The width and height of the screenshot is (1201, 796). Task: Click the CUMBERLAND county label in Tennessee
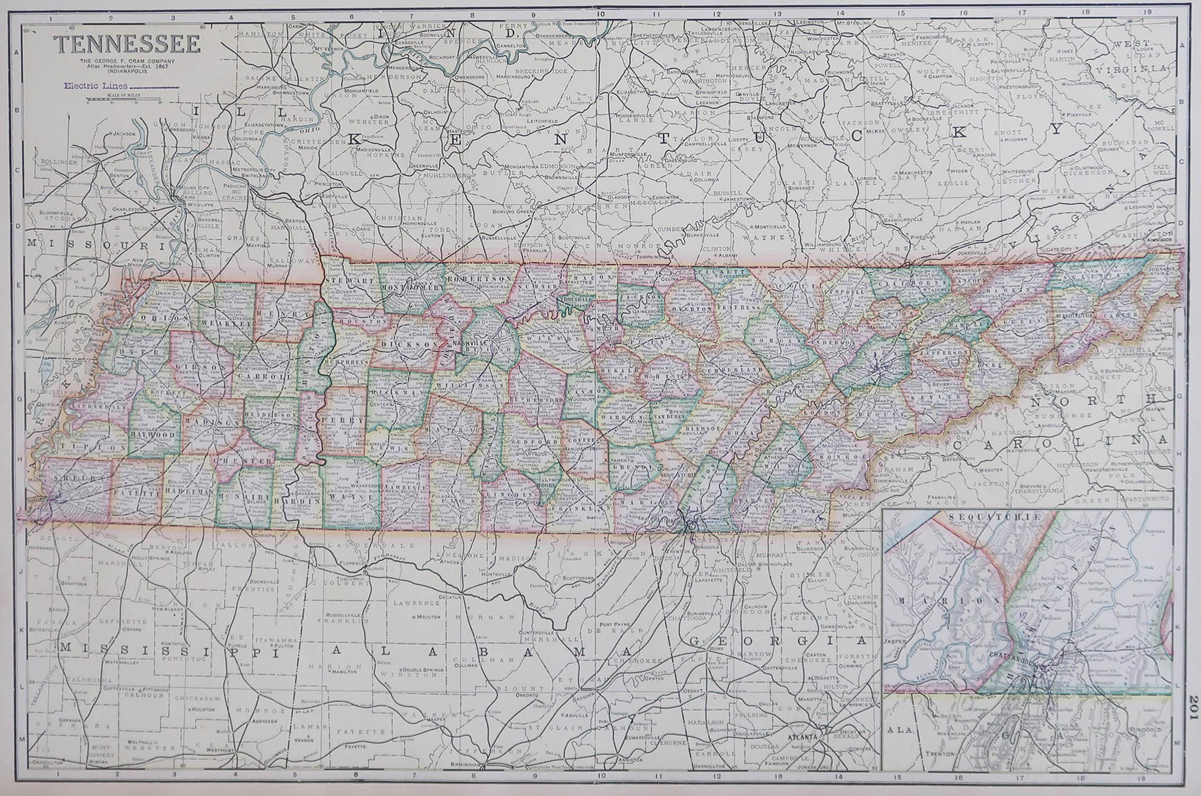(x=734, y=369)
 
